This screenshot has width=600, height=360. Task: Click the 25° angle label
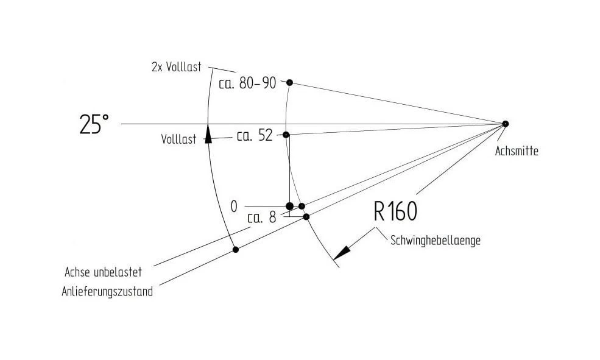(94, 124)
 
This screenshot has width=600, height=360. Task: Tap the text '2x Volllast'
(177, 68)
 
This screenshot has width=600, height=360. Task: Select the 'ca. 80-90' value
(247, 83)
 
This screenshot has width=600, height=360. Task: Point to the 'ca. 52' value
(255, 135)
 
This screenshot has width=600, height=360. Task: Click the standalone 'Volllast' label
(178, 139)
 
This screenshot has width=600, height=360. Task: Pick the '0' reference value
(234, 206)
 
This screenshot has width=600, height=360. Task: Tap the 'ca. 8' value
(262, 217)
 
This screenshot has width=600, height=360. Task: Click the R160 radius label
(395, 211)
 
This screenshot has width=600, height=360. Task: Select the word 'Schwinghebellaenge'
(436, 241)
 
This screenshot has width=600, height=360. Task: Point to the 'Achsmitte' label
(517, 151)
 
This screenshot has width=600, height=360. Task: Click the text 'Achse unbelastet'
(104, 272)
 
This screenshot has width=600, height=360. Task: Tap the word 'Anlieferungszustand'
(107, 292)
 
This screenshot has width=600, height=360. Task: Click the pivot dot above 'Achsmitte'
(505, 124)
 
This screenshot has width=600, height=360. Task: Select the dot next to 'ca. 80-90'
(290, 82)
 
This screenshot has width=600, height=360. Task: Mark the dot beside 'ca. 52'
(286, 135)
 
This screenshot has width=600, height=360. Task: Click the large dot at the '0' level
(290, 206)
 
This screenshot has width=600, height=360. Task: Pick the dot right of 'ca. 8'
(306, 216)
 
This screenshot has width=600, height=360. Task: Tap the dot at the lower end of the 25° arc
(236, 249)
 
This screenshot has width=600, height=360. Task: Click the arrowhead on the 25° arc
(208, 134)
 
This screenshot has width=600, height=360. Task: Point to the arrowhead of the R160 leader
(341, 253)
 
